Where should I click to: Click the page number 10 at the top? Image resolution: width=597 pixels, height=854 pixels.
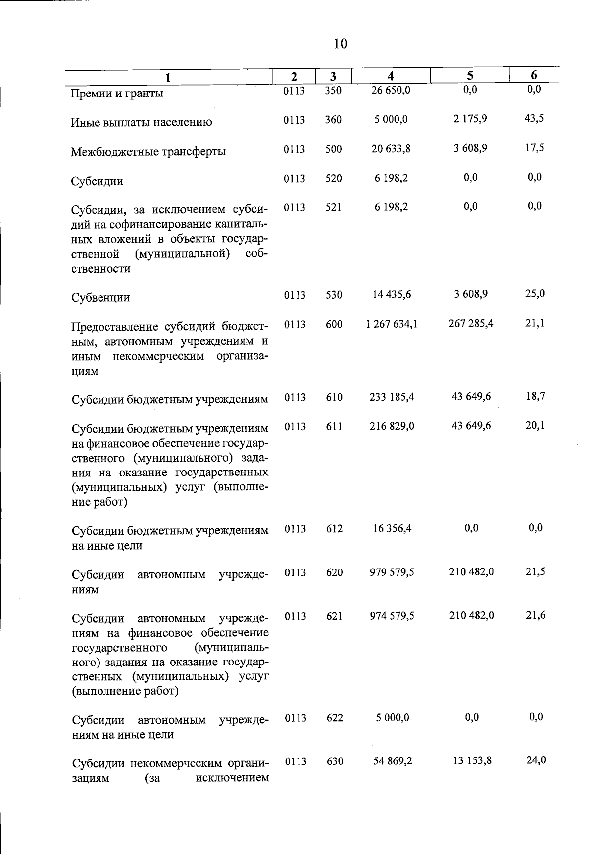tap(340, 44)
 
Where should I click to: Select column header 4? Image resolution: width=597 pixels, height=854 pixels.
tap(391, 76)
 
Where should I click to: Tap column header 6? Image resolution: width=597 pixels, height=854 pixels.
tap(534, 75)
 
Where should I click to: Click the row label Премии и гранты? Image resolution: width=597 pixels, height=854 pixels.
tap(117, 93)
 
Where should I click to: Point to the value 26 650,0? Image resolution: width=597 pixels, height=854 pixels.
tap(391, 90)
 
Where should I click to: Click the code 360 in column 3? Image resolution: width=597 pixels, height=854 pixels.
tap(333, 120)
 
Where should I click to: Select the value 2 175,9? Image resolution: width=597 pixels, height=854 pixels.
tap(470, 119)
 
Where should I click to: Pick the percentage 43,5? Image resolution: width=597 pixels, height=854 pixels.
tap(534, 118)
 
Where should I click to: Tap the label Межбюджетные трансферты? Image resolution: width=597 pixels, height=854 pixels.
tap(148, 151)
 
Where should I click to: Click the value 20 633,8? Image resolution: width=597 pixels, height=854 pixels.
tap(391, 149)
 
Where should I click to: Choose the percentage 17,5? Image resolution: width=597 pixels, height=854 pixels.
tap(534, 148)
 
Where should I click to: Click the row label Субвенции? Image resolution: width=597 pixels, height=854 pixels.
tap(101, 297)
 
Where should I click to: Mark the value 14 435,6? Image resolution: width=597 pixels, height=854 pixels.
tap(392, 294)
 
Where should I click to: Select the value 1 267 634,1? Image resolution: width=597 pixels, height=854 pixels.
tap(392, 324)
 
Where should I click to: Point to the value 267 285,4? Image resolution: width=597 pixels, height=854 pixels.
tap(471, 323)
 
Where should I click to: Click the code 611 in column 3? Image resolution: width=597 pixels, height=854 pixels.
tap(334, 426)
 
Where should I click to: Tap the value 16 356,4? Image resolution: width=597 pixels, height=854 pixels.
tap(392, 528)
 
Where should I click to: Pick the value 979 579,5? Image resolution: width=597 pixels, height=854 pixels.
tap(392, 572)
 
